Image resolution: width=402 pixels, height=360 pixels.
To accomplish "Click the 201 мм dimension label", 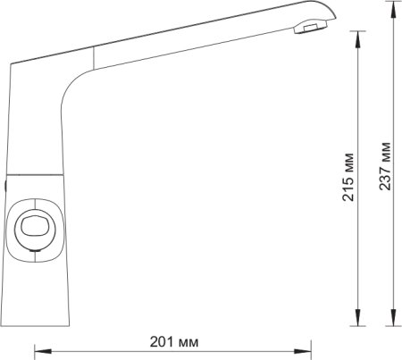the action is click(174, 342).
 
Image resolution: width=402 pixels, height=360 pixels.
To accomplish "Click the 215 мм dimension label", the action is click(348, 178).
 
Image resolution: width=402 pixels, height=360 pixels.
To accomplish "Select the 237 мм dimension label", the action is click(385, 166).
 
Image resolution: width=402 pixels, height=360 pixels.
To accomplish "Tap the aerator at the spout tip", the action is click(311, 28).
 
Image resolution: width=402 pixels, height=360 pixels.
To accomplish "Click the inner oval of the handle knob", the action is click(35, 226).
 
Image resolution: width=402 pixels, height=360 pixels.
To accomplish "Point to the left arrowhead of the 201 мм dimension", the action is click(43, 351).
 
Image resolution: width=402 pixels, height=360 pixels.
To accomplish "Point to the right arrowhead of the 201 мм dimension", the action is click(303, 351).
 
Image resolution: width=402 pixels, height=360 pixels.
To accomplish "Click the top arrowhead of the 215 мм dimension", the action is click(357, 39).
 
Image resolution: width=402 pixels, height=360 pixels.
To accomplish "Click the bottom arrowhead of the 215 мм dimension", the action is click(357, 317).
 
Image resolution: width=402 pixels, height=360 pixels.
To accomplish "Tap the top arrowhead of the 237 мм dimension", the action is click(394, 9).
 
